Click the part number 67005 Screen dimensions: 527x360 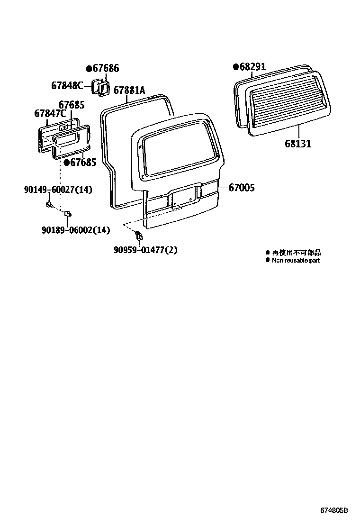click(242, 188)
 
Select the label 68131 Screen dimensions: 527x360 click(298, 143)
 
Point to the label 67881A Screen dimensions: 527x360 click(129, 91)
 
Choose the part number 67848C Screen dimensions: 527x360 click(67, 85)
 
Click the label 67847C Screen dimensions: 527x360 click(50, 114)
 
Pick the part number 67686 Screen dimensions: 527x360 click(105, 68)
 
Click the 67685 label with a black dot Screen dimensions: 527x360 click(83, 163)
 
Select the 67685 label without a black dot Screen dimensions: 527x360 click(72, 104)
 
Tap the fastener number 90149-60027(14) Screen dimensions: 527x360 click(58, 190)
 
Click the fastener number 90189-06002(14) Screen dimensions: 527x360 click(75, 230)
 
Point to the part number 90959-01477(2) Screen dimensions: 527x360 click(145, 249)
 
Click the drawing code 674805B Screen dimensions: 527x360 click(334, 511)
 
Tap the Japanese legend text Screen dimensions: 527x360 click(296, 253)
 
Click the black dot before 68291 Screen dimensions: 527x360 click(235, 67)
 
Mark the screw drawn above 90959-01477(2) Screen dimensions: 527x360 click(138, 235)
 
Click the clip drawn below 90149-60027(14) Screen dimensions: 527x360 click(49, 205)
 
